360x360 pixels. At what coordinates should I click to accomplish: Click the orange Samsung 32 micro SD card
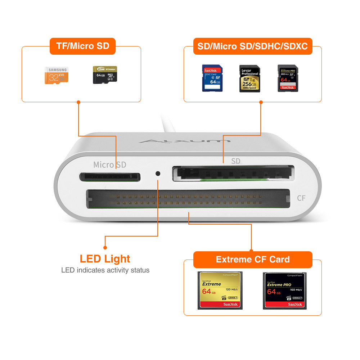tap(57, 75)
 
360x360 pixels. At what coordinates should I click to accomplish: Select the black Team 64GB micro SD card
tap(101, 75)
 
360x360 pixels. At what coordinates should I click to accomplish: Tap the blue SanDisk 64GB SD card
tap(212, 78)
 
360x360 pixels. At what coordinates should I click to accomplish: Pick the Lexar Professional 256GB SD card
tap(249, 78)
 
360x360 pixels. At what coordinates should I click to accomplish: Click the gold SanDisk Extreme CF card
tap(220, 290)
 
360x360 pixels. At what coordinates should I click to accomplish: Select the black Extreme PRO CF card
tap(284, 290)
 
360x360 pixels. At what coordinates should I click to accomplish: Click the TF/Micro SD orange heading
tap(82, 46)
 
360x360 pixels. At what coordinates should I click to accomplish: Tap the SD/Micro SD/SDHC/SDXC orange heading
tap(252, 46)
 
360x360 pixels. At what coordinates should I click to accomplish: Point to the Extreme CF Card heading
tap(252, 259)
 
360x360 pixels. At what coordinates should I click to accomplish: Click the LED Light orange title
tap(105, 258)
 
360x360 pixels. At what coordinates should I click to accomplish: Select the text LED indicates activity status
tap(105, 270)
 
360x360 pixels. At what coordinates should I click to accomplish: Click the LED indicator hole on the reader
tap(158, 173)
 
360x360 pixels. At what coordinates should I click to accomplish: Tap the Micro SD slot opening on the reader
tap(109, 177)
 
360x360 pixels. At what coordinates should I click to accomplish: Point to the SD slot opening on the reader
tap(233, 173)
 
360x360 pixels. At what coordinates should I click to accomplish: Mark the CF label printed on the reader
tap(301, 198)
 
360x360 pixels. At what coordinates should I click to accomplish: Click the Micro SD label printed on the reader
tap(109, 165)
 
